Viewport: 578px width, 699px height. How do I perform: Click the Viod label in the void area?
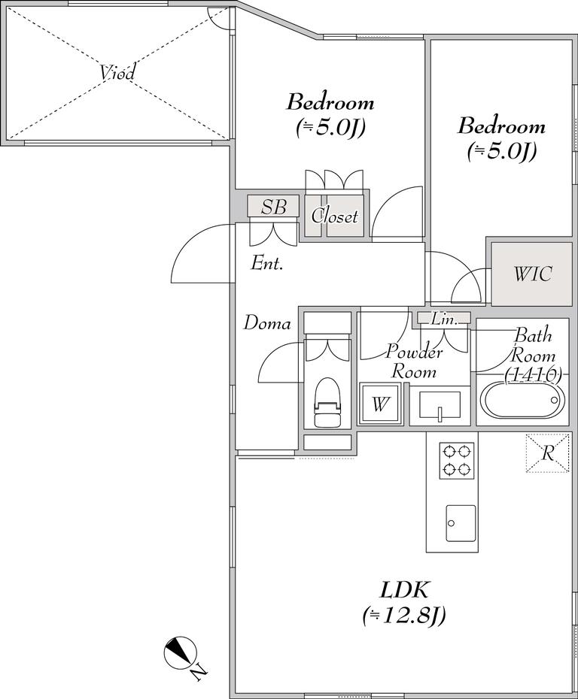tap(117, 73)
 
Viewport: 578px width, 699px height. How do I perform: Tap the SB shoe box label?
tap(273, 207)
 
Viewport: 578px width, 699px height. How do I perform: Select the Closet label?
tap(335, 216)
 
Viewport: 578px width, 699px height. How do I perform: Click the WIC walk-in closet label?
tap(533, 274)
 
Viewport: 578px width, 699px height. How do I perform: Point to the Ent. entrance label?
tap(267, 263)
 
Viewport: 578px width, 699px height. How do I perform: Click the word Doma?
tap(267, 323)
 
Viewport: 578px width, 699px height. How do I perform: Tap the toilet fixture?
tap(327, 403)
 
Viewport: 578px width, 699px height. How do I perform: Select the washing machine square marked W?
tap(380, 404)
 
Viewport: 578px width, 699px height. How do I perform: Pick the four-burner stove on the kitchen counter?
tap(456, 461)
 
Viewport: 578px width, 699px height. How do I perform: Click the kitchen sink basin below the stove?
tap(461, 523)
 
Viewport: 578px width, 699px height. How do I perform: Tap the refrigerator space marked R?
tap(548, 453)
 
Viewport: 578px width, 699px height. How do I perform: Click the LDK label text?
tap(404, 591)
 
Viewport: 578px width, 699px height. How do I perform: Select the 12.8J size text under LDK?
tap(404, 616)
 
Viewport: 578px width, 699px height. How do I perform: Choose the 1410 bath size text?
tap(533, 375)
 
